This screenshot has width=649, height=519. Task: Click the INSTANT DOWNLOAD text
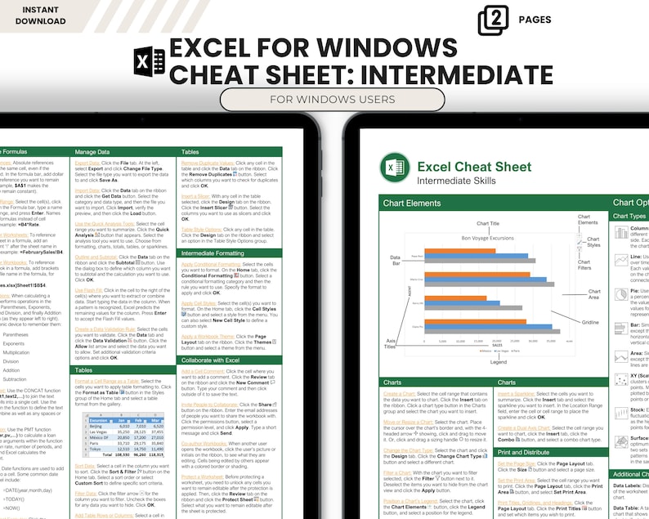pos(34,15)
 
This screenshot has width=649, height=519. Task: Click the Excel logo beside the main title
pos(149,64)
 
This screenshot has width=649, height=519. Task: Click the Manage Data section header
pos(92,152)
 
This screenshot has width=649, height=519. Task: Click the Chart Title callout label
pos(487,223)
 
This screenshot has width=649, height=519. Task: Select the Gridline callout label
pos(590,322)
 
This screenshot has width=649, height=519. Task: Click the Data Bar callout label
pos(395,261)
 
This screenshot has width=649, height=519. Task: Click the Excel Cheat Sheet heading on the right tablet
pos(474,168)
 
